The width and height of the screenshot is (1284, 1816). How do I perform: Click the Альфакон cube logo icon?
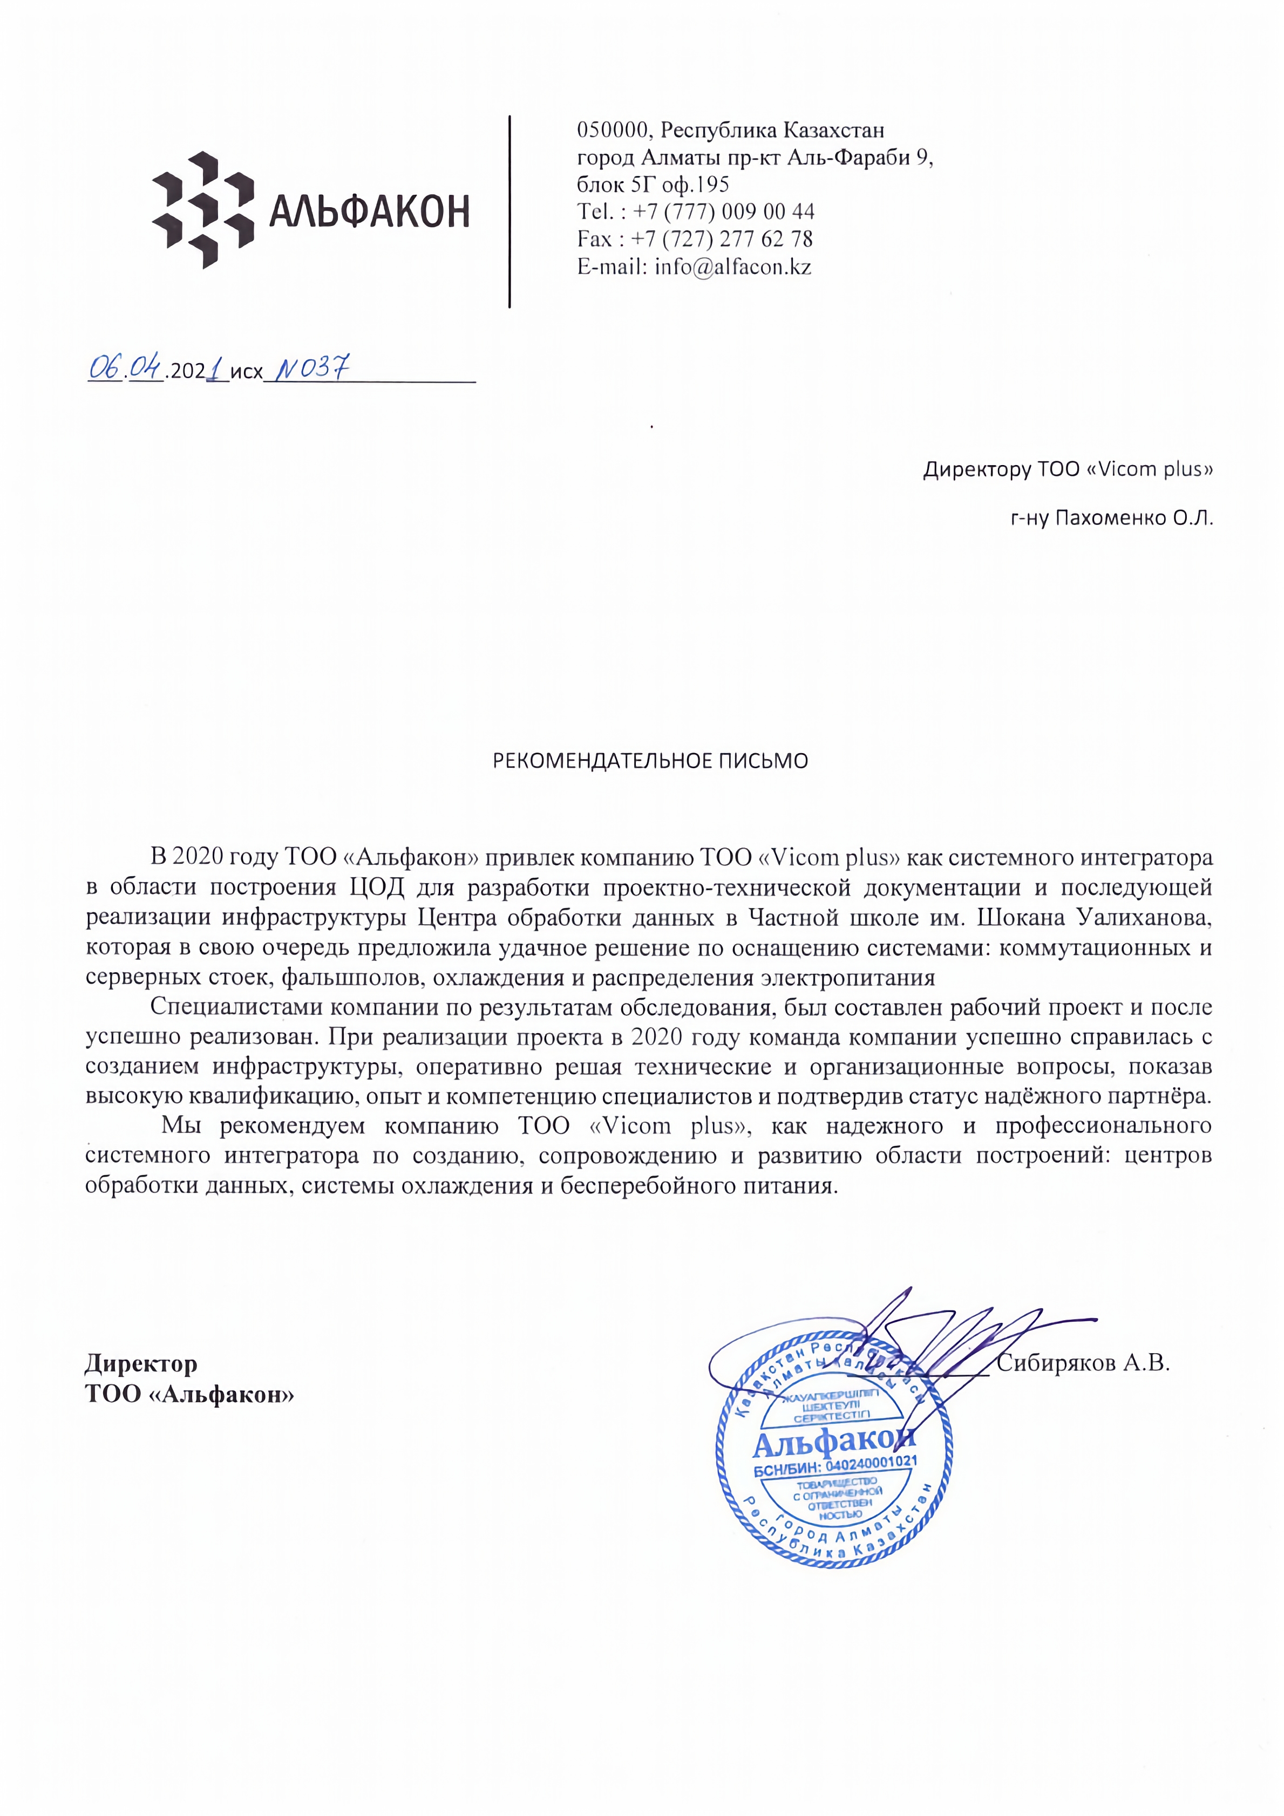coord(202,209)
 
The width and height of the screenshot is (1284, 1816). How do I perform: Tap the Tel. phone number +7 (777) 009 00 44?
coord(724,212)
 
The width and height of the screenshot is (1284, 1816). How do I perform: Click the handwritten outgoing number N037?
coord(311,368)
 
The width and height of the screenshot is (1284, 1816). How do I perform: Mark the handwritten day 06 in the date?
coord(104,368)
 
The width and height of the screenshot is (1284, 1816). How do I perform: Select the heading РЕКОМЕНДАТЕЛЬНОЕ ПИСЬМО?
coord(650,761)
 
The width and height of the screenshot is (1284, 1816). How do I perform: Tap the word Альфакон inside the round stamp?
coord(832,1444)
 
